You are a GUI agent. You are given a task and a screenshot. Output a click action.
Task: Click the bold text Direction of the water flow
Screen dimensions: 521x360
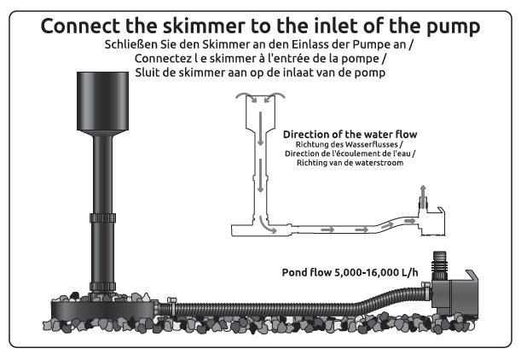click(x=350, y=134)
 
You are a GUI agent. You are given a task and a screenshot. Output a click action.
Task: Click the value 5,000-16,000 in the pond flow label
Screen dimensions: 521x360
click(x=366, y=273)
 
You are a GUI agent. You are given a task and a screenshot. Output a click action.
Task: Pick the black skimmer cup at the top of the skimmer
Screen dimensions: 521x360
click(x=102, y=102)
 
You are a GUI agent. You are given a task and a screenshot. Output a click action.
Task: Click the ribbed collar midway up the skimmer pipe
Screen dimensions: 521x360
click(x=102, y=218)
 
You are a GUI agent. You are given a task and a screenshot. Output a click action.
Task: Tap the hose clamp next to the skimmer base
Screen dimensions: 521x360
click(x=171, y=305)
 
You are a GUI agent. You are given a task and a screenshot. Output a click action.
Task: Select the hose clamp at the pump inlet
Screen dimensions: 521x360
click(x=425, y=291)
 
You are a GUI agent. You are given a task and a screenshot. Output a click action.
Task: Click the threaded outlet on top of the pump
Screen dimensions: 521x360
click(x=440, y=265)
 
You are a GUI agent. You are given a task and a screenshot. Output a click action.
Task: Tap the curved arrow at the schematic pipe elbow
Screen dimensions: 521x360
click(x=266, y=226)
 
